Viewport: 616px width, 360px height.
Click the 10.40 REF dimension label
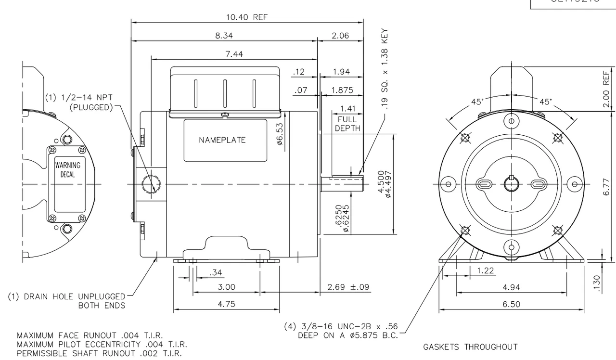click(247, 17)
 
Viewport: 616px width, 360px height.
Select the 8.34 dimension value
click(225, 36)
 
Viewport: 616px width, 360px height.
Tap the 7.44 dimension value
click(234, 54)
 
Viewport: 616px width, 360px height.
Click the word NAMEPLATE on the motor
click(222, 140)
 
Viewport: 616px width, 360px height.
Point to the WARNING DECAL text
click(68, 169)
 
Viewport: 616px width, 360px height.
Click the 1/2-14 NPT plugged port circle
click(151, 184)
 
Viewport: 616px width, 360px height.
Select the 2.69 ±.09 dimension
click(348, 287)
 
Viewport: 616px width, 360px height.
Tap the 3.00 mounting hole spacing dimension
click(226, 287)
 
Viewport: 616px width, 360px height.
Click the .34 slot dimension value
click(216, 273)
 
